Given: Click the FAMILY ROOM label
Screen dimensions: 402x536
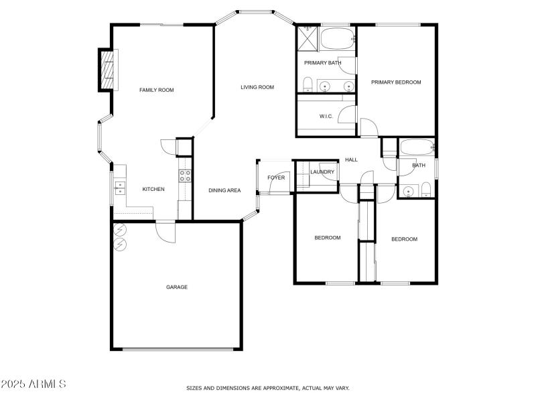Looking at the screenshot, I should point(156,90).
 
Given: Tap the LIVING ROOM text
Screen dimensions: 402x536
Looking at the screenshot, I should point(257,87).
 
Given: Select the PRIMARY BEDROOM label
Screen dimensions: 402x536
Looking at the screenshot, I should point(396,82).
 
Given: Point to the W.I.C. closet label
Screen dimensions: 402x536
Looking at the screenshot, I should point(326,117).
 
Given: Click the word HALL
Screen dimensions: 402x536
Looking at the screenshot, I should point(351,160).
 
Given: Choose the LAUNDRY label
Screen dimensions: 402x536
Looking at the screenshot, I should point(322,172).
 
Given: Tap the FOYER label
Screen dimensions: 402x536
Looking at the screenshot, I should point(276,178).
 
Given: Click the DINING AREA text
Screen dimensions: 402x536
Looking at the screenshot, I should point(224,190).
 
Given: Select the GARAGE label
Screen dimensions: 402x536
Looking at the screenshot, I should point(177,287).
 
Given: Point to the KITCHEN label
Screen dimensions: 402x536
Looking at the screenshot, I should point(153,190).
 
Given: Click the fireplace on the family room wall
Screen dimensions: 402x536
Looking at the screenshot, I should point(107,69).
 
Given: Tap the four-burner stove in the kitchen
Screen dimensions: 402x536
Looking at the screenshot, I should point(185,176).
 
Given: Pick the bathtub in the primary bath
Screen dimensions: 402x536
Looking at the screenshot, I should point(338,38).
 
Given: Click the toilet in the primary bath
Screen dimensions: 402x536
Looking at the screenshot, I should point(307,84).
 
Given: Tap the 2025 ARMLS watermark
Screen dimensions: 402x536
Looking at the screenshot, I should point(33,384).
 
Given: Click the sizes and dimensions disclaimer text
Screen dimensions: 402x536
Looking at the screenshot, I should point(267,388).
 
